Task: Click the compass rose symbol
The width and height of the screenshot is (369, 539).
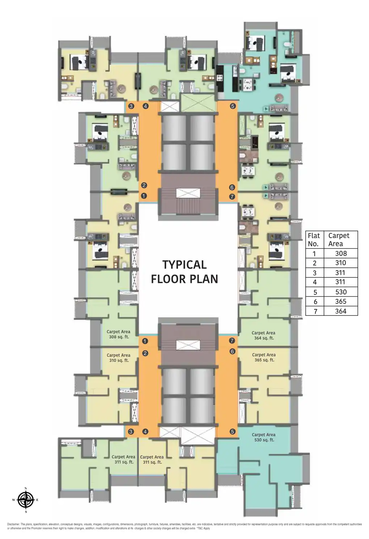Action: click(26, 500)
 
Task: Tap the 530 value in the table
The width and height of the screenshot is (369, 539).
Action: click(341, 292)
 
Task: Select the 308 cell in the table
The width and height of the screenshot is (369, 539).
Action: click(341, 254)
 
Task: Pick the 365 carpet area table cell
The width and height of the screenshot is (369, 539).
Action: click(341, 301)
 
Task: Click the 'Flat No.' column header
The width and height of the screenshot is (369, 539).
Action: click(314, 240)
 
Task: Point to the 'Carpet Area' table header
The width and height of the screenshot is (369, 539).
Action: click(339, 240)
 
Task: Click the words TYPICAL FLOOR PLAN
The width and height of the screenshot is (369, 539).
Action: click(184, 272)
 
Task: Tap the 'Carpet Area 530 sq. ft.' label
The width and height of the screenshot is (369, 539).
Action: click(263, 437)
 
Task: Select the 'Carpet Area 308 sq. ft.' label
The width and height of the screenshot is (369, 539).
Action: click(119, 334)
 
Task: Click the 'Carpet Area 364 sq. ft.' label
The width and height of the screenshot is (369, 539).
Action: click(263, 335)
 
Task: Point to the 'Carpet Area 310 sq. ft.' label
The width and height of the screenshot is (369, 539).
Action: click(119, 358)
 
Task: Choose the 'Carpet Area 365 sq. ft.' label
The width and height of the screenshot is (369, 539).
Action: click(264, 358)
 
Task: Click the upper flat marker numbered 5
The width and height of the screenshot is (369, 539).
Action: click(233, 106)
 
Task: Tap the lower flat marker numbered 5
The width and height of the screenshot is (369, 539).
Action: click(232, 431)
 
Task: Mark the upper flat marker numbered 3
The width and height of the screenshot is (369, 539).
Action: click(131, 106)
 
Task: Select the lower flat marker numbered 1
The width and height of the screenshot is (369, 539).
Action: click(145, 341)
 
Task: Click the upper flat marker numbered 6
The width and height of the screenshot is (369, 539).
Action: click(232, 187)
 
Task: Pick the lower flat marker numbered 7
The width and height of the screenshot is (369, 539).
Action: click(232, 341)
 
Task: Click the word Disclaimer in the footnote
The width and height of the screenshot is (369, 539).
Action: click(13, 524)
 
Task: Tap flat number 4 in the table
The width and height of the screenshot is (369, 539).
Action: click(315, 282)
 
